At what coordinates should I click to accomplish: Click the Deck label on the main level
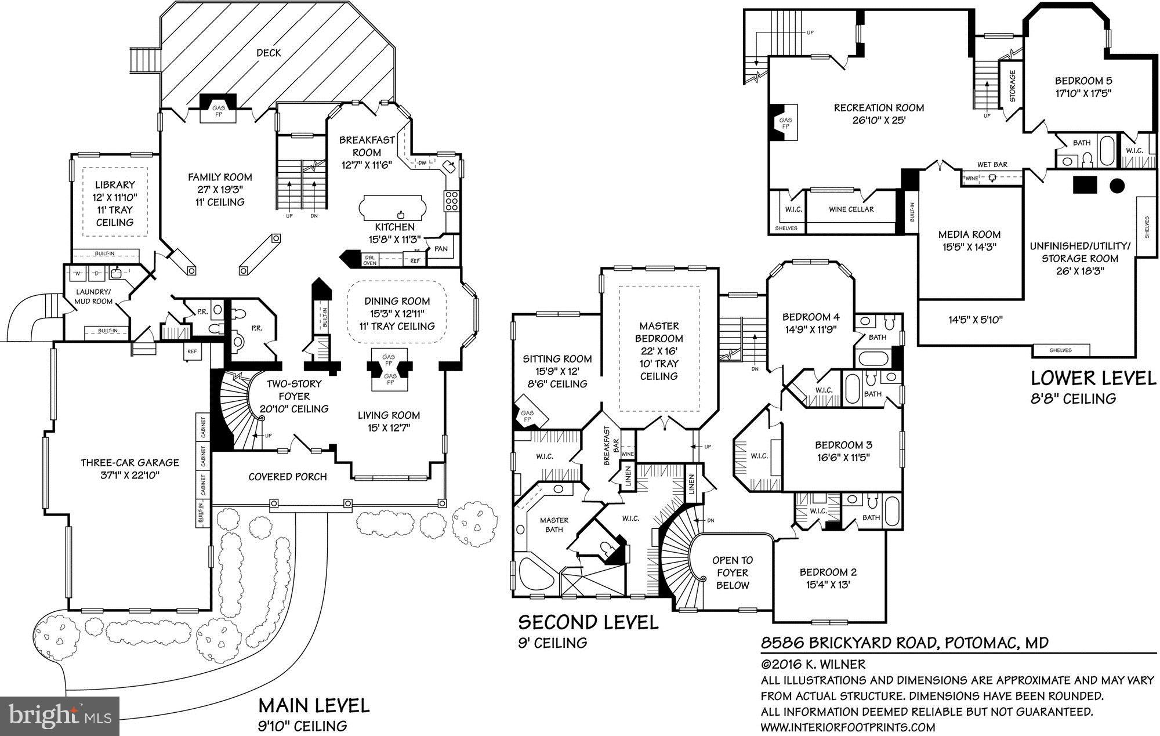pos(269,53)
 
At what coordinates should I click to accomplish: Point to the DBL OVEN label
pos(369,260)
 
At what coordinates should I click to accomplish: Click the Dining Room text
pos(397,301)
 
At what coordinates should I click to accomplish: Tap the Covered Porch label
pos(288,477)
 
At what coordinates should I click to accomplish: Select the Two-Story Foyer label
pos(293,396)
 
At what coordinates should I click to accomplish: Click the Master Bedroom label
pos(658,332)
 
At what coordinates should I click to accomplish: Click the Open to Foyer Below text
pos(733,572)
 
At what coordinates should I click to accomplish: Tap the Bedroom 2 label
pos(828,572)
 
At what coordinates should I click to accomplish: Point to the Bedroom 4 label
pos(811,317)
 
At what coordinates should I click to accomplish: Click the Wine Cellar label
pos(851,209)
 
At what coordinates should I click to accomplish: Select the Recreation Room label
pos(879,108)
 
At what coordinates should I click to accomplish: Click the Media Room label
pos(969,234)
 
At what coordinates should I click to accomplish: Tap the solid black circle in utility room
pos(1116,186)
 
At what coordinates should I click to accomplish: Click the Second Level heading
pos(588,623)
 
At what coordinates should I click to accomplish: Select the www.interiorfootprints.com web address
pos(847,727)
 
